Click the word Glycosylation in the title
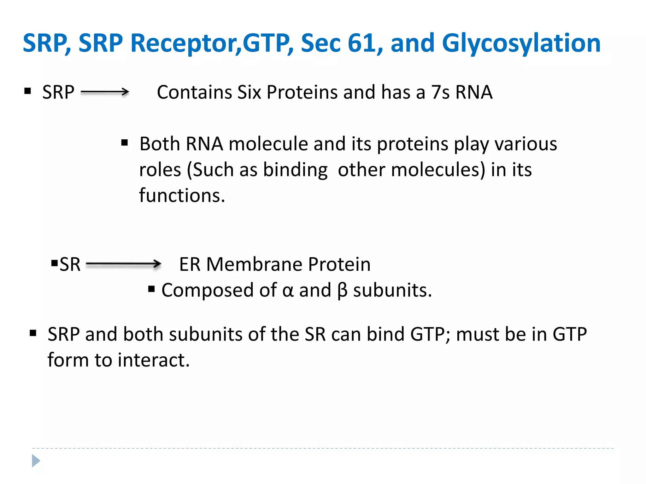521,43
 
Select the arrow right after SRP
105,92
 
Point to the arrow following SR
123,264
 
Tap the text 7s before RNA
440,92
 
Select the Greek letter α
288,290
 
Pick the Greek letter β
342,290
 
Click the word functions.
182,195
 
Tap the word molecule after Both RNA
268,144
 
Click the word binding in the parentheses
295,170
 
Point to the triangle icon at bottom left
36,461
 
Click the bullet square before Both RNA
125,143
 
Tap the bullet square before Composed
151,289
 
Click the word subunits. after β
392,290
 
